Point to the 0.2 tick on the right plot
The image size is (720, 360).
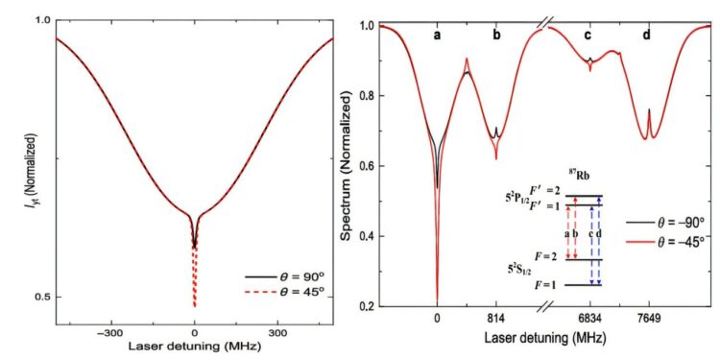[366, 307]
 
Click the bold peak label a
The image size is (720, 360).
[437, 36]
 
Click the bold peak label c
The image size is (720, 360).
[588, 36]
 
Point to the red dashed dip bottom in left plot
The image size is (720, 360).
[195, 307]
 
